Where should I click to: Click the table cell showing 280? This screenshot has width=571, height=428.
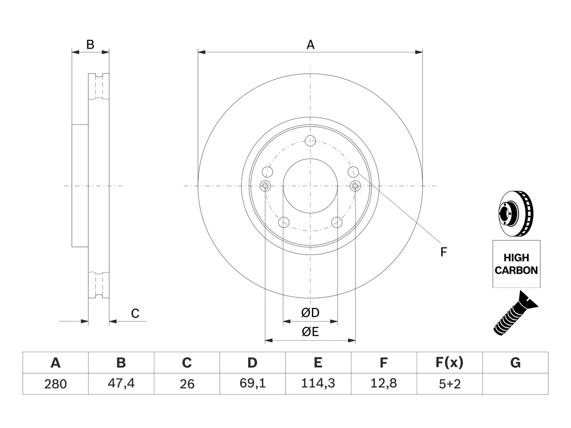pos(55,384)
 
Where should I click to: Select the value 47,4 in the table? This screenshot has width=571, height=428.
pos(121,384)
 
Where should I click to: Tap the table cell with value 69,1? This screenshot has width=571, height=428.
pos(252,384)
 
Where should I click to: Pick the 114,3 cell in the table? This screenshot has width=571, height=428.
pos(318,384)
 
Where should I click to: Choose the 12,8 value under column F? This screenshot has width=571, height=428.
pos(384,384)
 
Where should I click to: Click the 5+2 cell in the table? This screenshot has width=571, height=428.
pos(450,384)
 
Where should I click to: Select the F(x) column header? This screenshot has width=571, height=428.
pos(450,363)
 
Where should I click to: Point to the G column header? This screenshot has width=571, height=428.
pos(515,363)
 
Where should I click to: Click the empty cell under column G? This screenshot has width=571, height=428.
pos(515,384)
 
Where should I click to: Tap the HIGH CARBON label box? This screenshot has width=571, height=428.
pos(517,264)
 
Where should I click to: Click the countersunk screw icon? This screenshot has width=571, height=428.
pos(515,314)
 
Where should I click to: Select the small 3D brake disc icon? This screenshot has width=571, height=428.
pos(516,214)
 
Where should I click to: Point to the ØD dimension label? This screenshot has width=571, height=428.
pos(310,313)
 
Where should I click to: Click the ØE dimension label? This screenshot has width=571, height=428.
pos(310,332)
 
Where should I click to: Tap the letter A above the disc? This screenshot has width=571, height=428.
pos(310,45)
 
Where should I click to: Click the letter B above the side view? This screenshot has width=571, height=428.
pos(90,45)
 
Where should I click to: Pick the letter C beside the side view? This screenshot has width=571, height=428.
pos(135,313)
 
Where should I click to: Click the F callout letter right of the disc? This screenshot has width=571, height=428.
pos(443,252)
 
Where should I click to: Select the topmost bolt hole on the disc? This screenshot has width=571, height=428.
pos(310,141)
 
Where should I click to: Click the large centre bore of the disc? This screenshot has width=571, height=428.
pos(310,186)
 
